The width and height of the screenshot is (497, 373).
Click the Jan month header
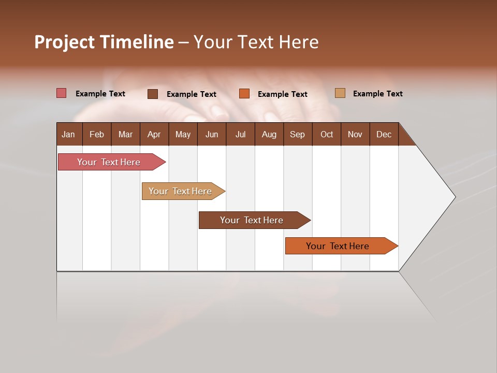tap(68, 134)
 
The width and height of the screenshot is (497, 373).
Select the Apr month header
tap(154, 134)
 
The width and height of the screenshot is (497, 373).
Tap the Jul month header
tap(240, 134)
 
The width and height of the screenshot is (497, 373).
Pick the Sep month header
tap(297, 134)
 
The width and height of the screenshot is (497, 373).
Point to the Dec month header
tap(384, 134)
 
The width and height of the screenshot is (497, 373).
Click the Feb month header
tap(97, 134)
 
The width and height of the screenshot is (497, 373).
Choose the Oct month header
tap(327, 134)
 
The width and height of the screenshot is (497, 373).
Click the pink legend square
tap(62, 93)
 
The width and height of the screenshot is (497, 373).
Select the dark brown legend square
tap(153, 94)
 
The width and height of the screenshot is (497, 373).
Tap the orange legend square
tap(244, 94)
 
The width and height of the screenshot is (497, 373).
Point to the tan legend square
tap(340, 93)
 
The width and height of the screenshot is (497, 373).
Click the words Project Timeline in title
tap(104, 42)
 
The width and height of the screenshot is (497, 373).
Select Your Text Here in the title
tap(256, 42)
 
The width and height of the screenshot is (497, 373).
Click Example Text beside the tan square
tap(377, 94)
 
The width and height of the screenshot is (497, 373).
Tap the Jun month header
tap(212, 134)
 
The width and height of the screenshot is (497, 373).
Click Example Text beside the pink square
tap(100, 94)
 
